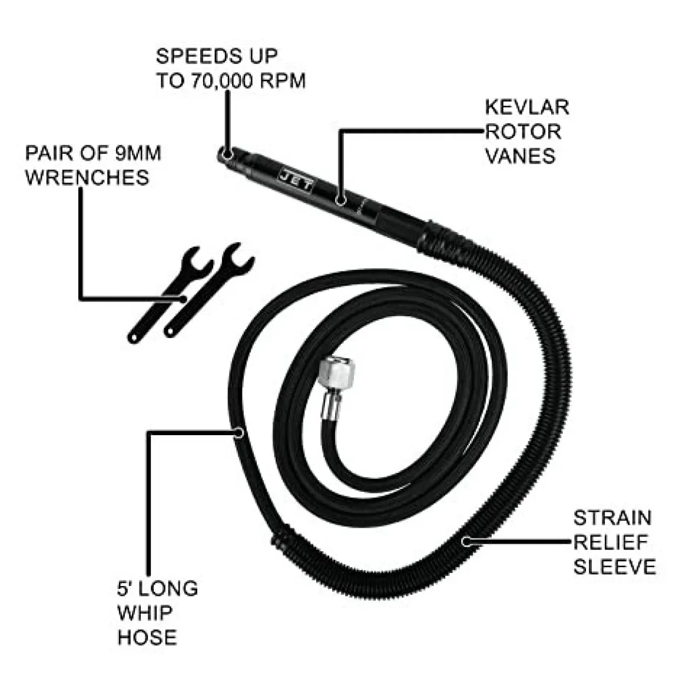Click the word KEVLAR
527,107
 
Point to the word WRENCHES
87,177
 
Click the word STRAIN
612,518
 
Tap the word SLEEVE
614,567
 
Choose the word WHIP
145,612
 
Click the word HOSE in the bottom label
147,637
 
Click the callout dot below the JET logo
340,200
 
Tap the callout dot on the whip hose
238,433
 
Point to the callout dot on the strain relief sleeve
466,541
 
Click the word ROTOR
523,132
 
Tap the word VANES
520,157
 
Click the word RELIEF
611,543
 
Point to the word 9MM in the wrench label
138,153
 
